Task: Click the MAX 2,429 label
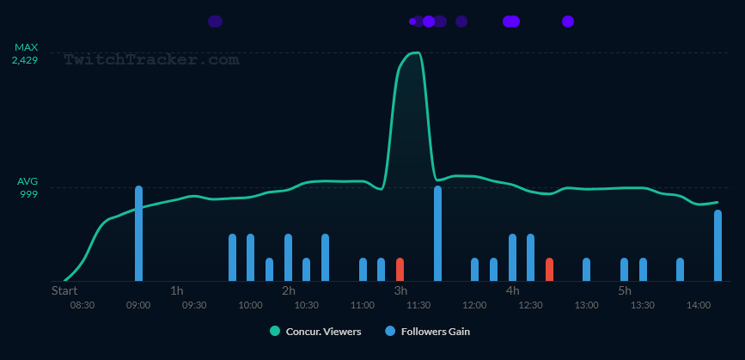click(x=26, y=53)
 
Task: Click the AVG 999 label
click(x=27, y=187)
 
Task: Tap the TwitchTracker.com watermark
click(x=151, y=60)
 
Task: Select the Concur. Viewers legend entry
click(x=315, y=332)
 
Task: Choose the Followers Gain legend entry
click(x=428, y=332)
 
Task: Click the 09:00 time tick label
click(x=138, y=305)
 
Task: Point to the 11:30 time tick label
click(x=418, y=305)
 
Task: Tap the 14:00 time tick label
click(x=699, y=305)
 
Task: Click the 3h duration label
click(x=400, y=290)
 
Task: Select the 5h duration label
click(x=625, y=290)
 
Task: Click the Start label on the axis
click(x=64, y=290)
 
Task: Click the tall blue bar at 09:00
click(x=138, y=233)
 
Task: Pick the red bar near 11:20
click(x=400, y=269)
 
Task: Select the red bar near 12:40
click(x=549, y=269)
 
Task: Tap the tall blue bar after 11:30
click(x=437, y=233)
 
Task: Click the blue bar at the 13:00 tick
click(x=586, y=269)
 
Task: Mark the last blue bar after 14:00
click(x=718, y=246)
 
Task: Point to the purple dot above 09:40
click(x=215, y=21)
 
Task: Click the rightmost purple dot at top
click(x=568, y=21)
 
